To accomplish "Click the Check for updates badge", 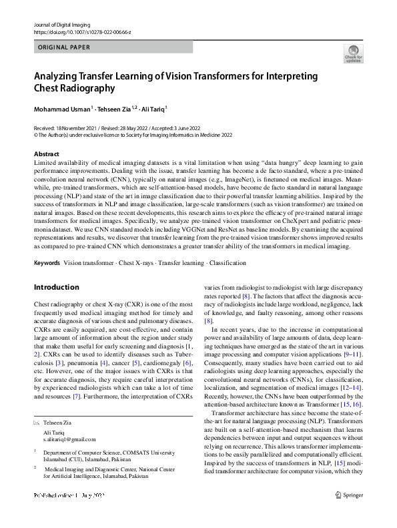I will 353,53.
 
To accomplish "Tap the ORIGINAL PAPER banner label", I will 63,47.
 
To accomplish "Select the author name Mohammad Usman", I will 61,109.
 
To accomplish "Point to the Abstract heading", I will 46,154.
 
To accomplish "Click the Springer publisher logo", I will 350,513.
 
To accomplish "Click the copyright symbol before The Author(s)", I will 36,134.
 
